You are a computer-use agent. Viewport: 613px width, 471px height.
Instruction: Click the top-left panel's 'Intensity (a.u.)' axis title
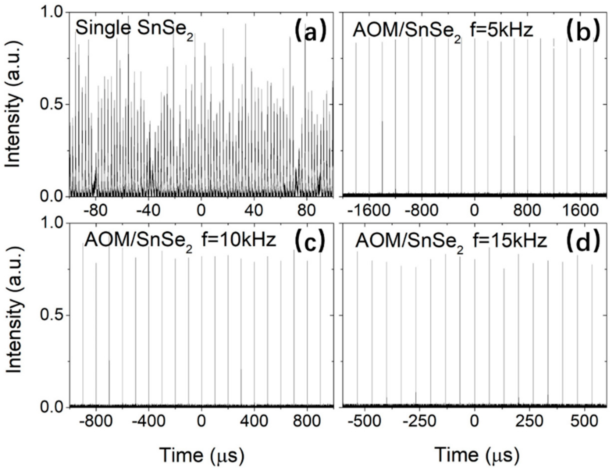[x=13, y=104]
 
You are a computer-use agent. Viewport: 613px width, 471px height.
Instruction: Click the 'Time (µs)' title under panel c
[x=202, y=455]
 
